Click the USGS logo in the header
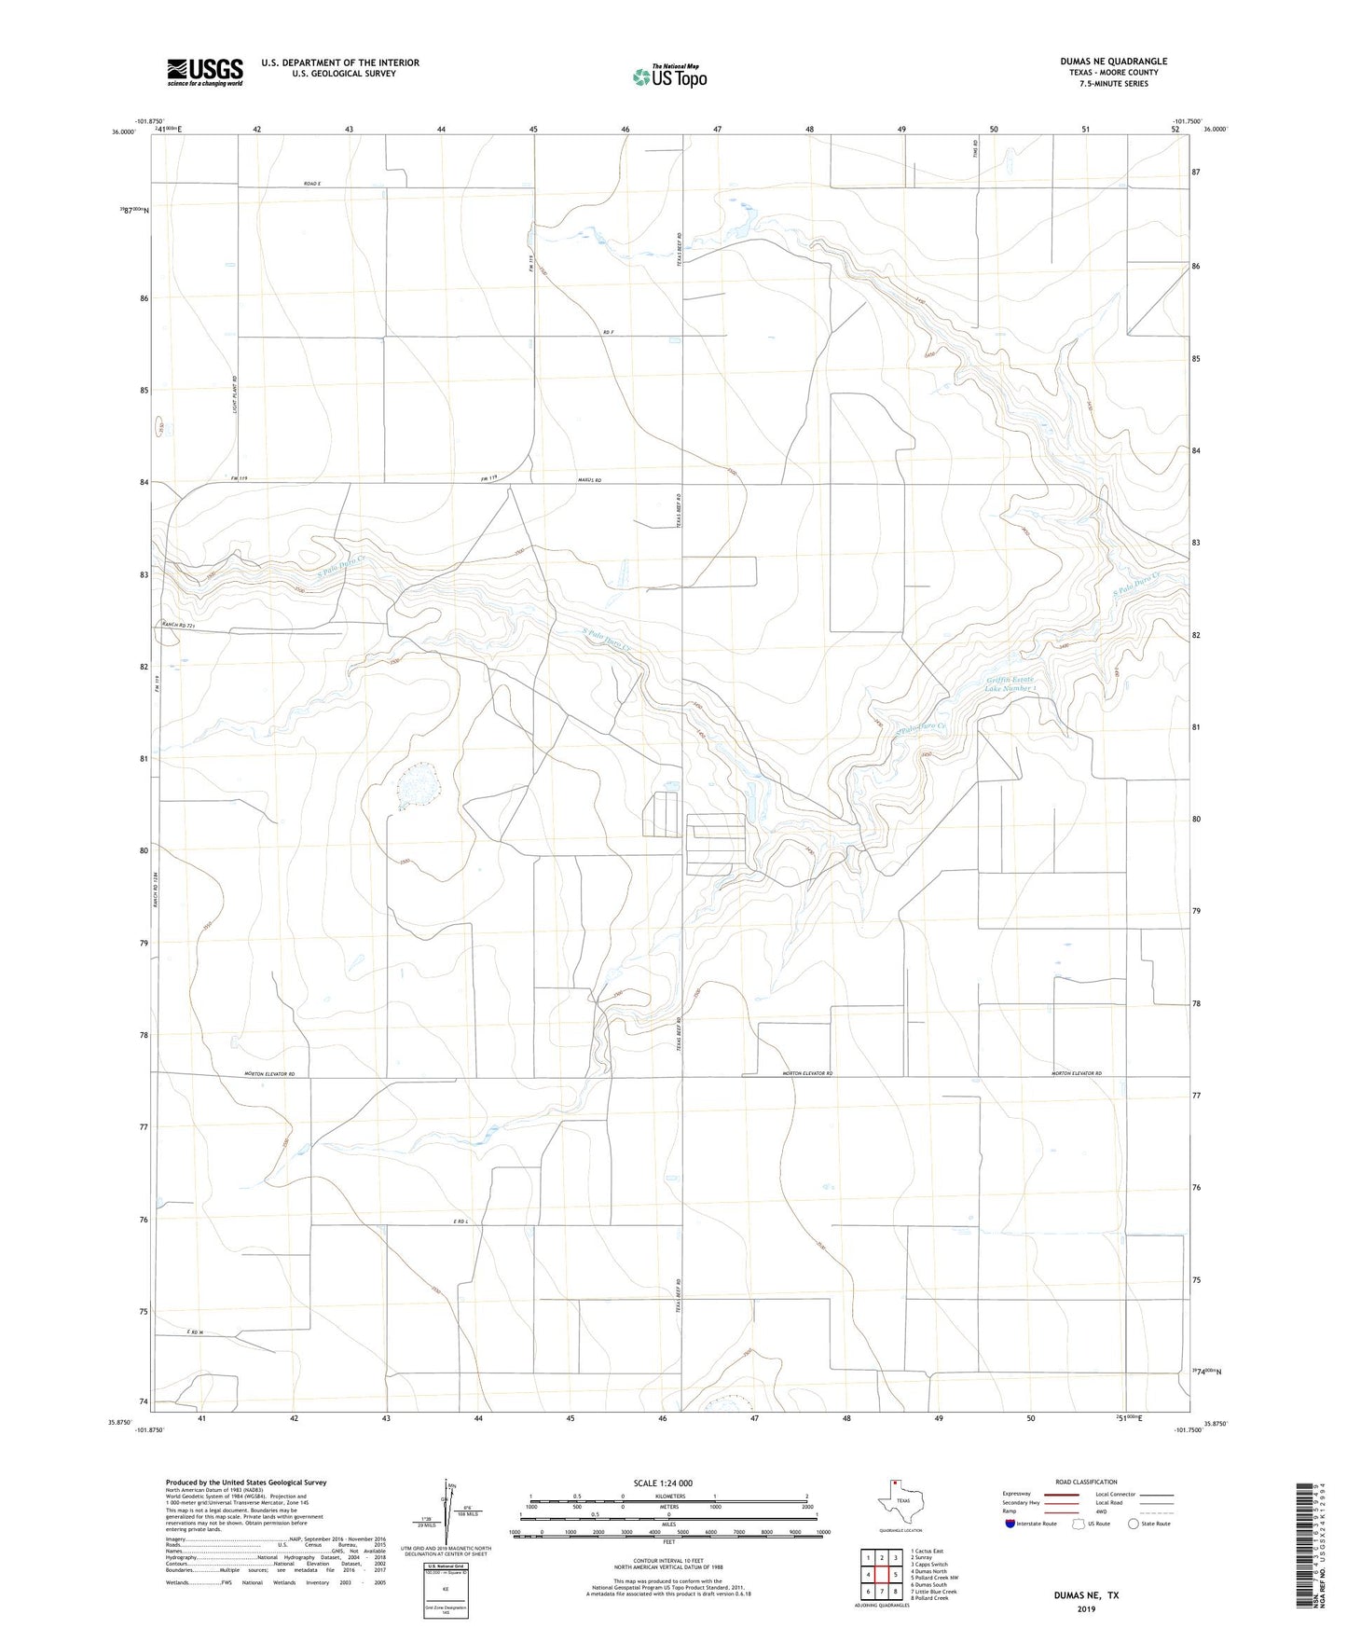(x=205, y=71)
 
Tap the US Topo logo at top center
(x=669, y=76)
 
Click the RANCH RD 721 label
(x=178, y=624)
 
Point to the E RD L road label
(x=456, y=1221)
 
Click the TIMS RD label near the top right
(x=973, y=147)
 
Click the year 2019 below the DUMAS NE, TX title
(x=1086, y=1609)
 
